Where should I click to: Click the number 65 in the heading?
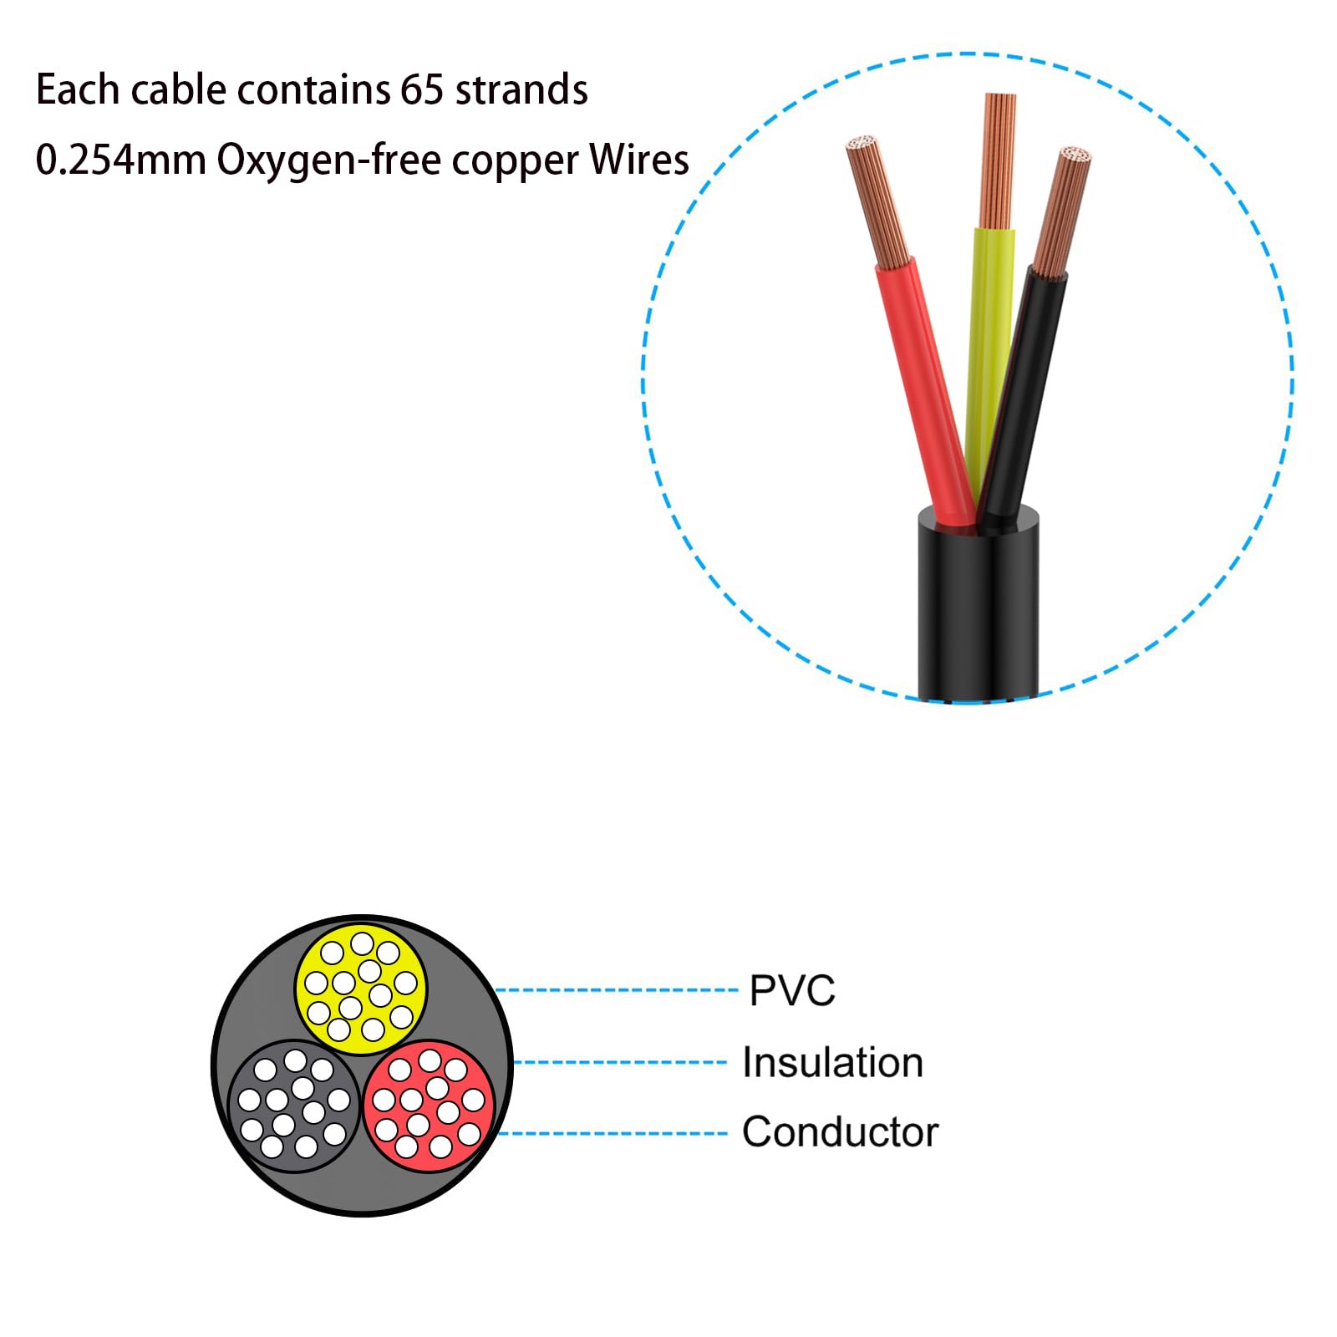(421, 89)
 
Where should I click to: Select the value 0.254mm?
(120, 160)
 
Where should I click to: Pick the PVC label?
(791, 991)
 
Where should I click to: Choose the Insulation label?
(832, 1063)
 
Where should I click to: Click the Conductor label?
(840, 1132)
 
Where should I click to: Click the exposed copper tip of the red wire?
(877, 201)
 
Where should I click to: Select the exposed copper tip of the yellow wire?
(999, 159)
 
